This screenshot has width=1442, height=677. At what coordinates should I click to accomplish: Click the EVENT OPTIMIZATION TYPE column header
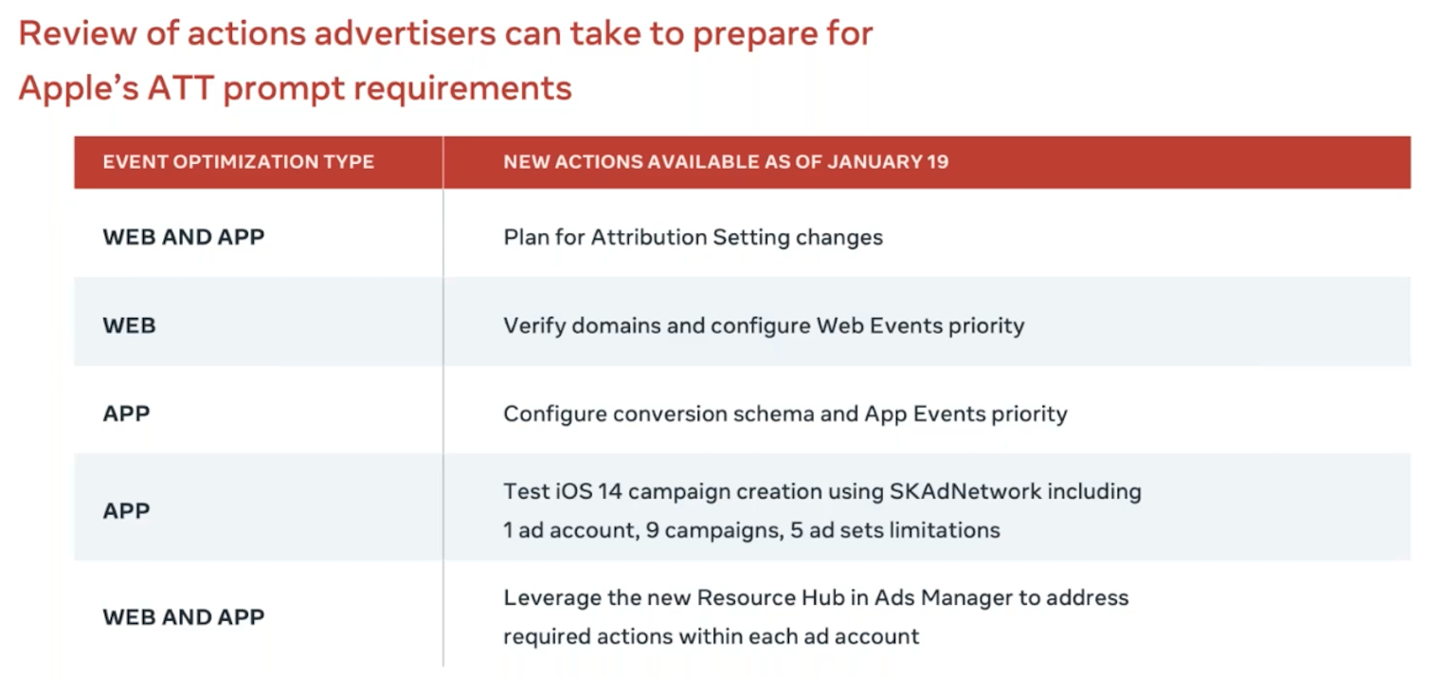[238, 162]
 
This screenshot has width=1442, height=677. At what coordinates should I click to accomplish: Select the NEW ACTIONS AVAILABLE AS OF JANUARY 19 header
[726, 162]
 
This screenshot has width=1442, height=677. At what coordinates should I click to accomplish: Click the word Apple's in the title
[79, 87]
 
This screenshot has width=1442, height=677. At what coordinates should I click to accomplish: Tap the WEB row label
[129, 325]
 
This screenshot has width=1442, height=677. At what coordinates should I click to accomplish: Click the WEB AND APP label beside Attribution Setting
[184, 237]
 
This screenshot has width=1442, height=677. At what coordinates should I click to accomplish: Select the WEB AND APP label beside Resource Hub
[184, 617]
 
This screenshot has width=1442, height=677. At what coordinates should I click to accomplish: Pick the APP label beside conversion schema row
[126, 413]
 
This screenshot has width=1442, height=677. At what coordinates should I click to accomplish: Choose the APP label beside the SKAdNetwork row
[126, 511]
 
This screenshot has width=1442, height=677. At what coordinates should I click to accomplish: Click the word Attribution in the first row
[649, 237]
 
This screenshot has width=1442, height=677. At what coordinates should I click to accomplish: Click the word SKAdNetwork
[965, 491]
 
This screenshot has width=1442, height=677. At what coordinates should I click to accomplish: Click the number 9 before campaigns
[652, 530]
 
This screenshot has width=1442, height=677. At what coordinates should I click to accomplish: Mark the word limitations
[945, 530]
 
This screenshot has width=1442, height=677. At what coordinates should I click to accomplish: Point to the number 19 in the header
[937, 162]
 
